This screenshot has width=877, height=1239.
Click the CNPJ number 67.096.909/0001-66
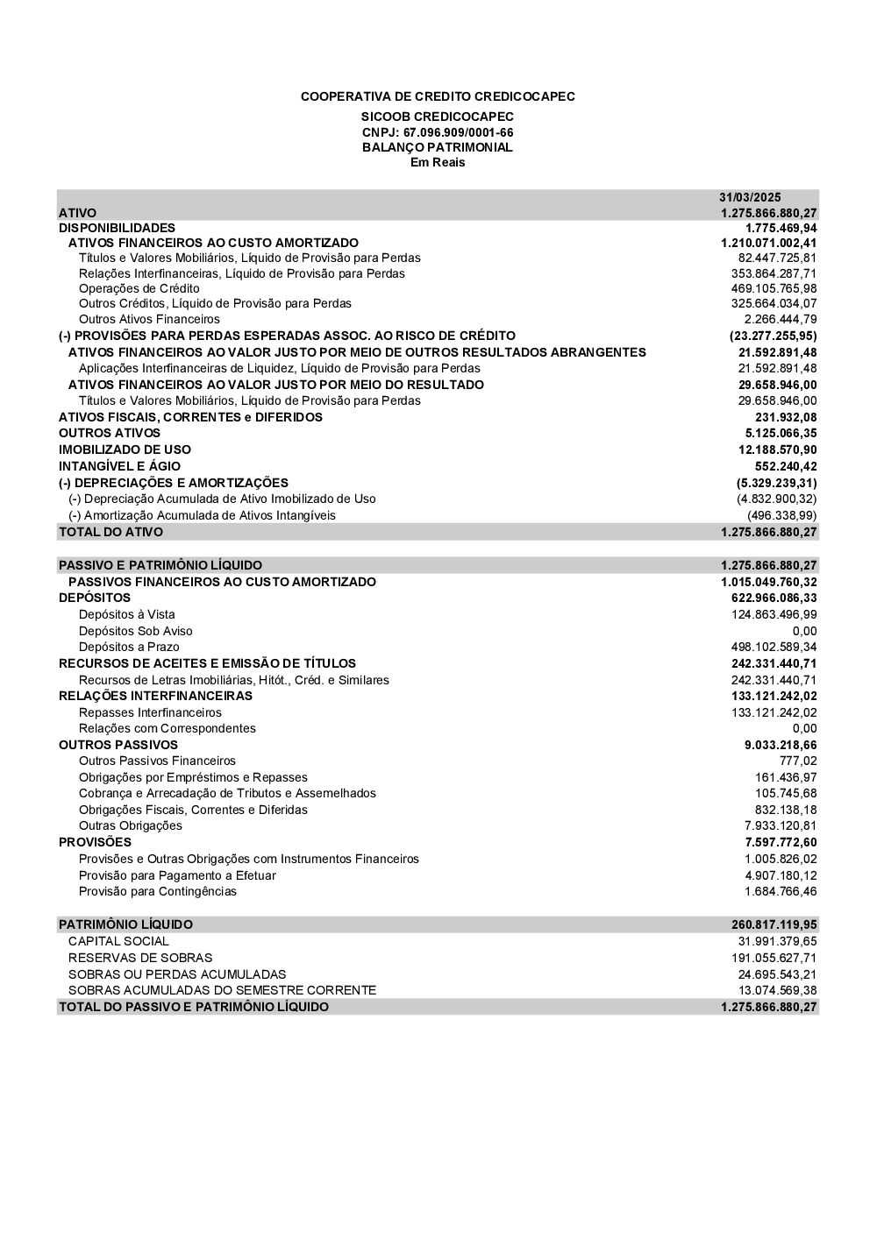pos(458,132)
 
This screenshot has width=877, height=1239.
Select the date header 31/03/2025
pos(750,197)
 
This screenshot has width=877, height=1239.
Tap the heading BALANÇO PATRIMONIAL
pos(438,147)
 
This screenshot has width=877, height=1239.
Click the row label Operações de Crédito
pos(139,288)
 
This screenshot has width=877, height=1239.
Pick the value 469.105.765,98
pos(774,288)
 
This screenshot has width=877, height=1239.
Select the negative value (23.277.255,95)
pos(773,336)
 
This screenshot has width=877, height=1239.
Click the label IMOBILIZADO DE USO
pos(125,450)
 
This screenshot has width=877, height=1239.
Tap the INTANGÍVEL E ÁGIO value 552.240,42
pos(786,466)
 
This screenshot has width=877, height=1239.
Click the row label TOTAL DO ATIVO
pos(111,532)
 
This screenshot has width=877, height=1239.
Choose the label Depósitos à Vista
pos(126,614)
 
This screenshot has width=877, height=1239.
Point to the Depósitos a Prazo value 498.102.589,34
pos(774,647)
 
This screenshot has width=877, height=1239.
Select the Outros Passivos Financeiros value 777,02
pos(797,761)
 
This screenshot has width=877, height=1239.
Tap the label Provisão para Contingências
pos(158,891)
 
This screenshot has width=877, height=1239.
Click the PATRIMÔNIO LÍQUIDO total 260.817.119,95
pos(774,924)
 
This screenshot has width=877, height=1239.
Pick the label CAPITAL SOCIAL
pos(118,941)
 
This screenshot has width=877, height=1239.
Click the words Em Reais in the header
pos(438,162)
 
